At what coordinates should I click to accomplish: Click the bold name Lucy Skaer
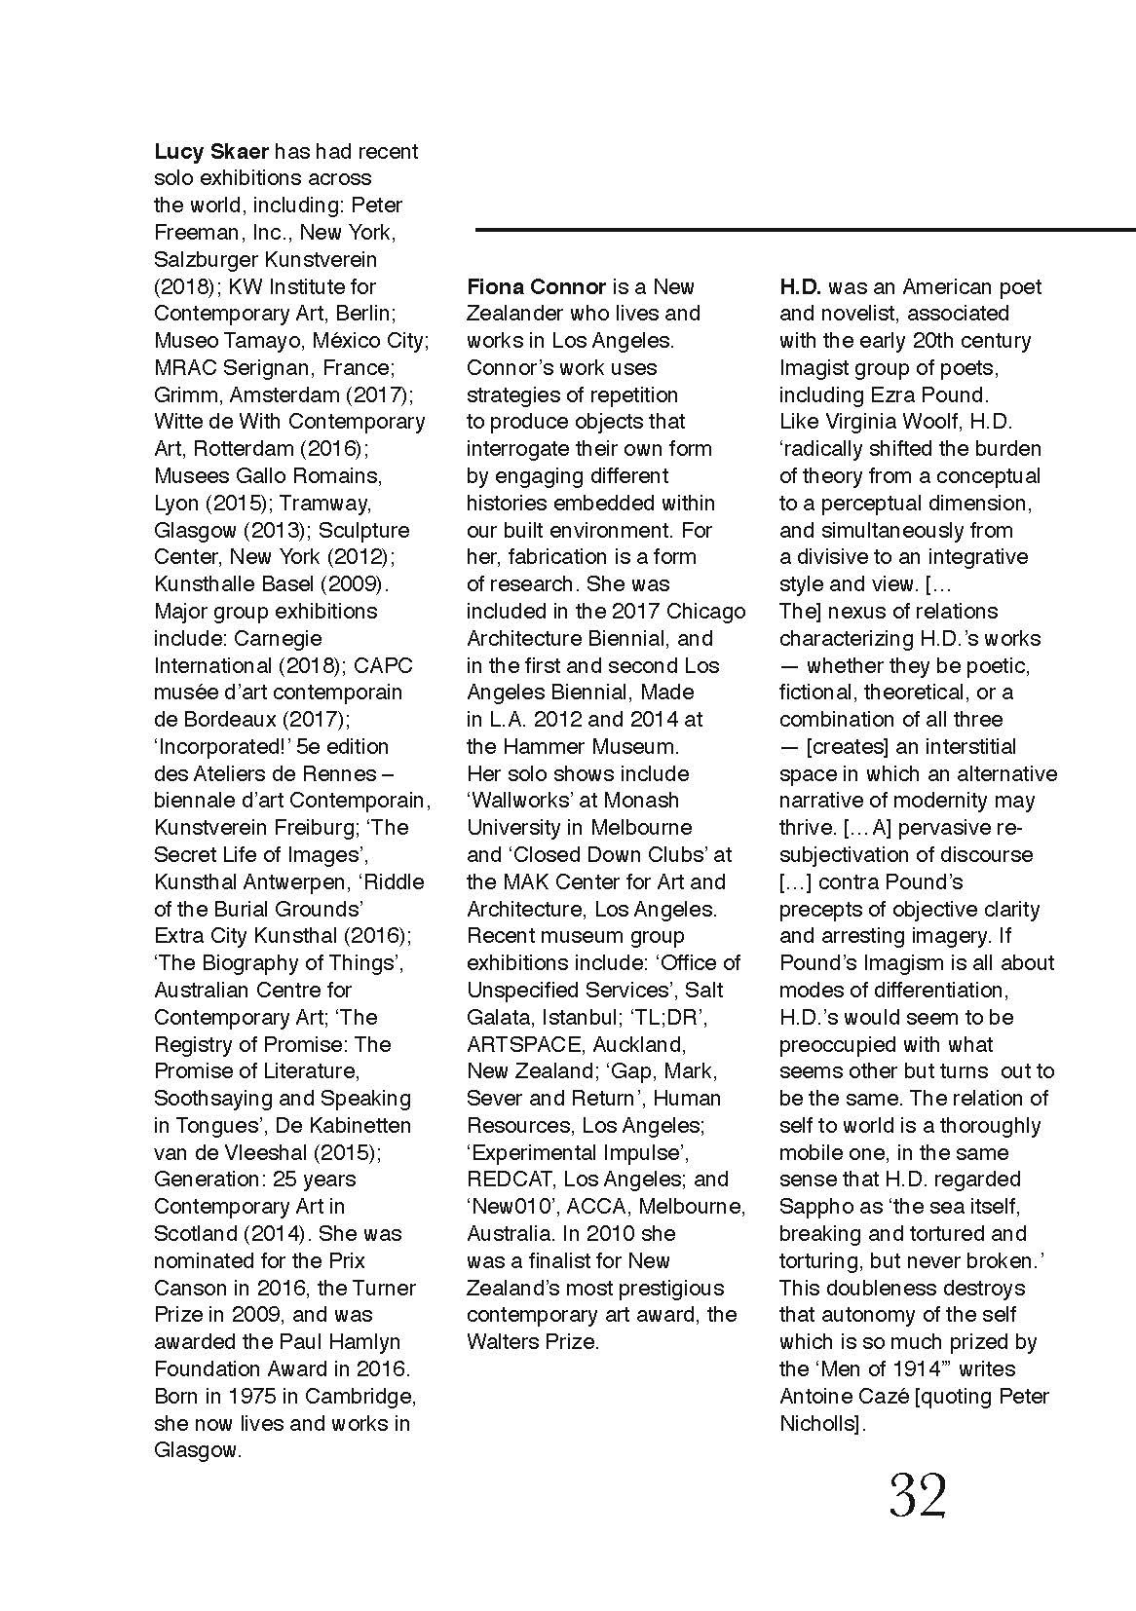coord(211,152)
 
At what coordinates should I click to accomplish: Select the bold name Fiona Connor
coord(536,287)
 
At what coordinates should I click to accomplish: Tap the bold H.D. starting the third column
coord(801,287)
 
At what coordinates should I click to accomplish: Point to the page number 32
coord(918,1497)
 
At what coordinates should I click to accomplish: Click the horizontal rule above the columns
coord(805,230)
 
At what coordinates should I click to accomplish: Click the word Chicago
coord(707,612)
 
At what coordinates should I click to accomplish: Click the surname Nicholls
coord(820,1424)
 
